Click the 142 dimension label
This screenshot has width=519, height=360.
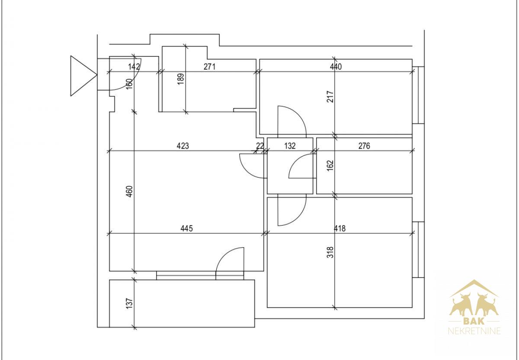click(134, 67)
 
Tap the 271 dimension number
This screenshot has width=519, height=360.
click(209, 67)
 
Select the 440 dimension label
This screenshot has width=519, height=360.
click(336, 67)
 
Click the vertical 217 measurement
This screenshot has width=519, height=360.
click(330, 97)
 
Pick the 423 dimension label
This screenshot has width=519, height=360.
click(183, 146)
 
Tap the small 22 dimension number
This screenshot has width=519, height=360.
click(260, 146)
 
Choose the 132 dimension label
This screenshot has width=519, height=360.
click(290, 146)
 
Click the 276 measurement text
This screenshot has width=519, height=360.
click(364, 146)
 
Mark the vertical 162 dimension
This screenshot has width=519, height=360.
click(330, 166)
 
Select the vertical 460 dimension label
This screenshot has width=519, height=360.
click(130, 191)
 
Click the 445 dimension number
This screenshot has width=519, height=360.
click(186, 229)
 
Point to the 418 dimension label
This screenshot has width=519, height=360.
click(340, 229)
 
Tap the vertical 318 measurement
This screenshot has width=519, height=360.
click(330, 252)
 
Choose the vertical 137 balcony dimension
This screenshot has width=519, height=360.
click(130, 303)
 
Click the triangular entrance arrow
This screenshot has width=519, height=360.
click(83, 76)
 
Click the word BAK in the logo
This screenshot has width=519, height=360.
click(474, 321)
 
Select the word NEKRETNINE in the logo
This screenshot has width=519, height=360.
click(474, 331)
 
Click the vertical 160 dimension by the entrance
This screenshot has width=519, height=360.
click(130, 84)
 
